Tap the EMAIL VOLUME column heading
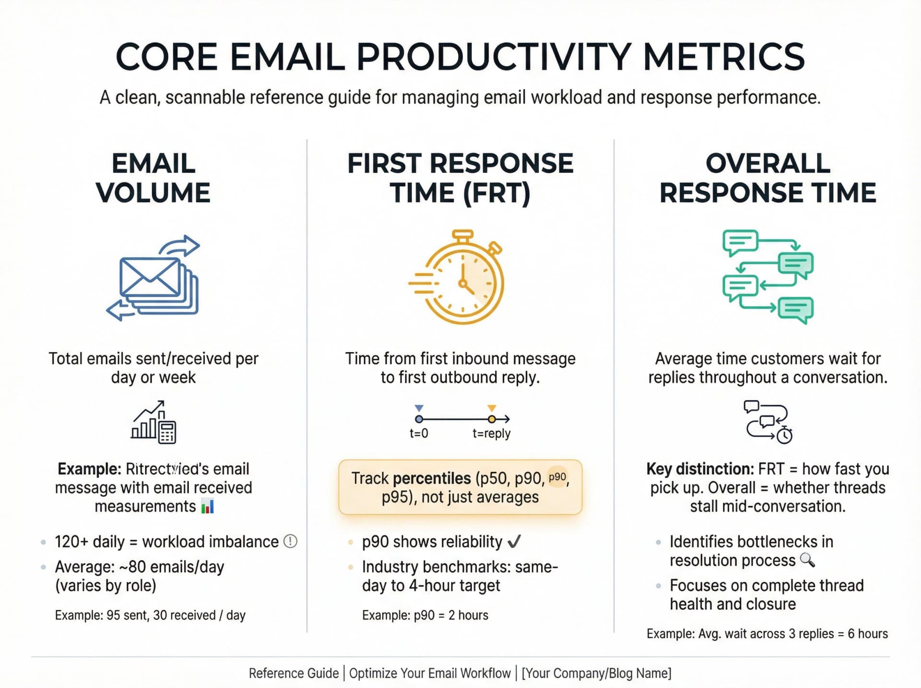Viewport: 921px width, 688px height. pos(153,178)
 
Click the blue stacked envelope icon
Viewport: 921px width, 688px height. pos(153,278)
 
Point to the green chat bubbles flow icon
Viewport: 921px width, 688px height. pos(767,277)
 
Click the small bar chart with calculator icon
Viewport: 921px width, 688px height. pos(153,422)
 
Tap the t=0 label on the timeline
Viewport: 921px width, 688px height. pos(418,434)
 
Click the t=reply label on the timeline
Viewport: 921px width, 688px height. pos(491,434)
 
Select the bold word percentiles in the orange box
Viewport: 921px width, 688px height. pos(432,478)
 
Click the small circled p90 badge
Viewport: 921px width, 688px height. pos(557,477)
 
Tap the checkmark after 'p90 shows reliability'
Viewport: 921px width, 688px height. pos(514,542)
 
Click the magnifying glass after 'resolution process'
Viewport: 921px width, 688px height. pos(808,560)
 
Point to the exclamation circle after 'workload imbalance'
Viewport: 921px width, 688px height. pos(290,542)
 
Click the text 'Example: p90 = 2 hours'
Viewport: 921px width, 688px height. pos(425,615)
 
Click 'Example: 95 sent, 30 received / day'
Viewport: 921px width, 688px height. pos(150,615)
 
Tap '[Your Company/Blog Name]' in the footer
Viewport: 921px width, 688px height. pos(596,673)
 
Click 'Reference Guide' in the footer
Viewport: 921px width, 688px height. pos(294,673)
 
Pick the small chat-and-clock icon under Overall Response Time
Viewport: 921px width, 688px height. pos(767,422)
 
